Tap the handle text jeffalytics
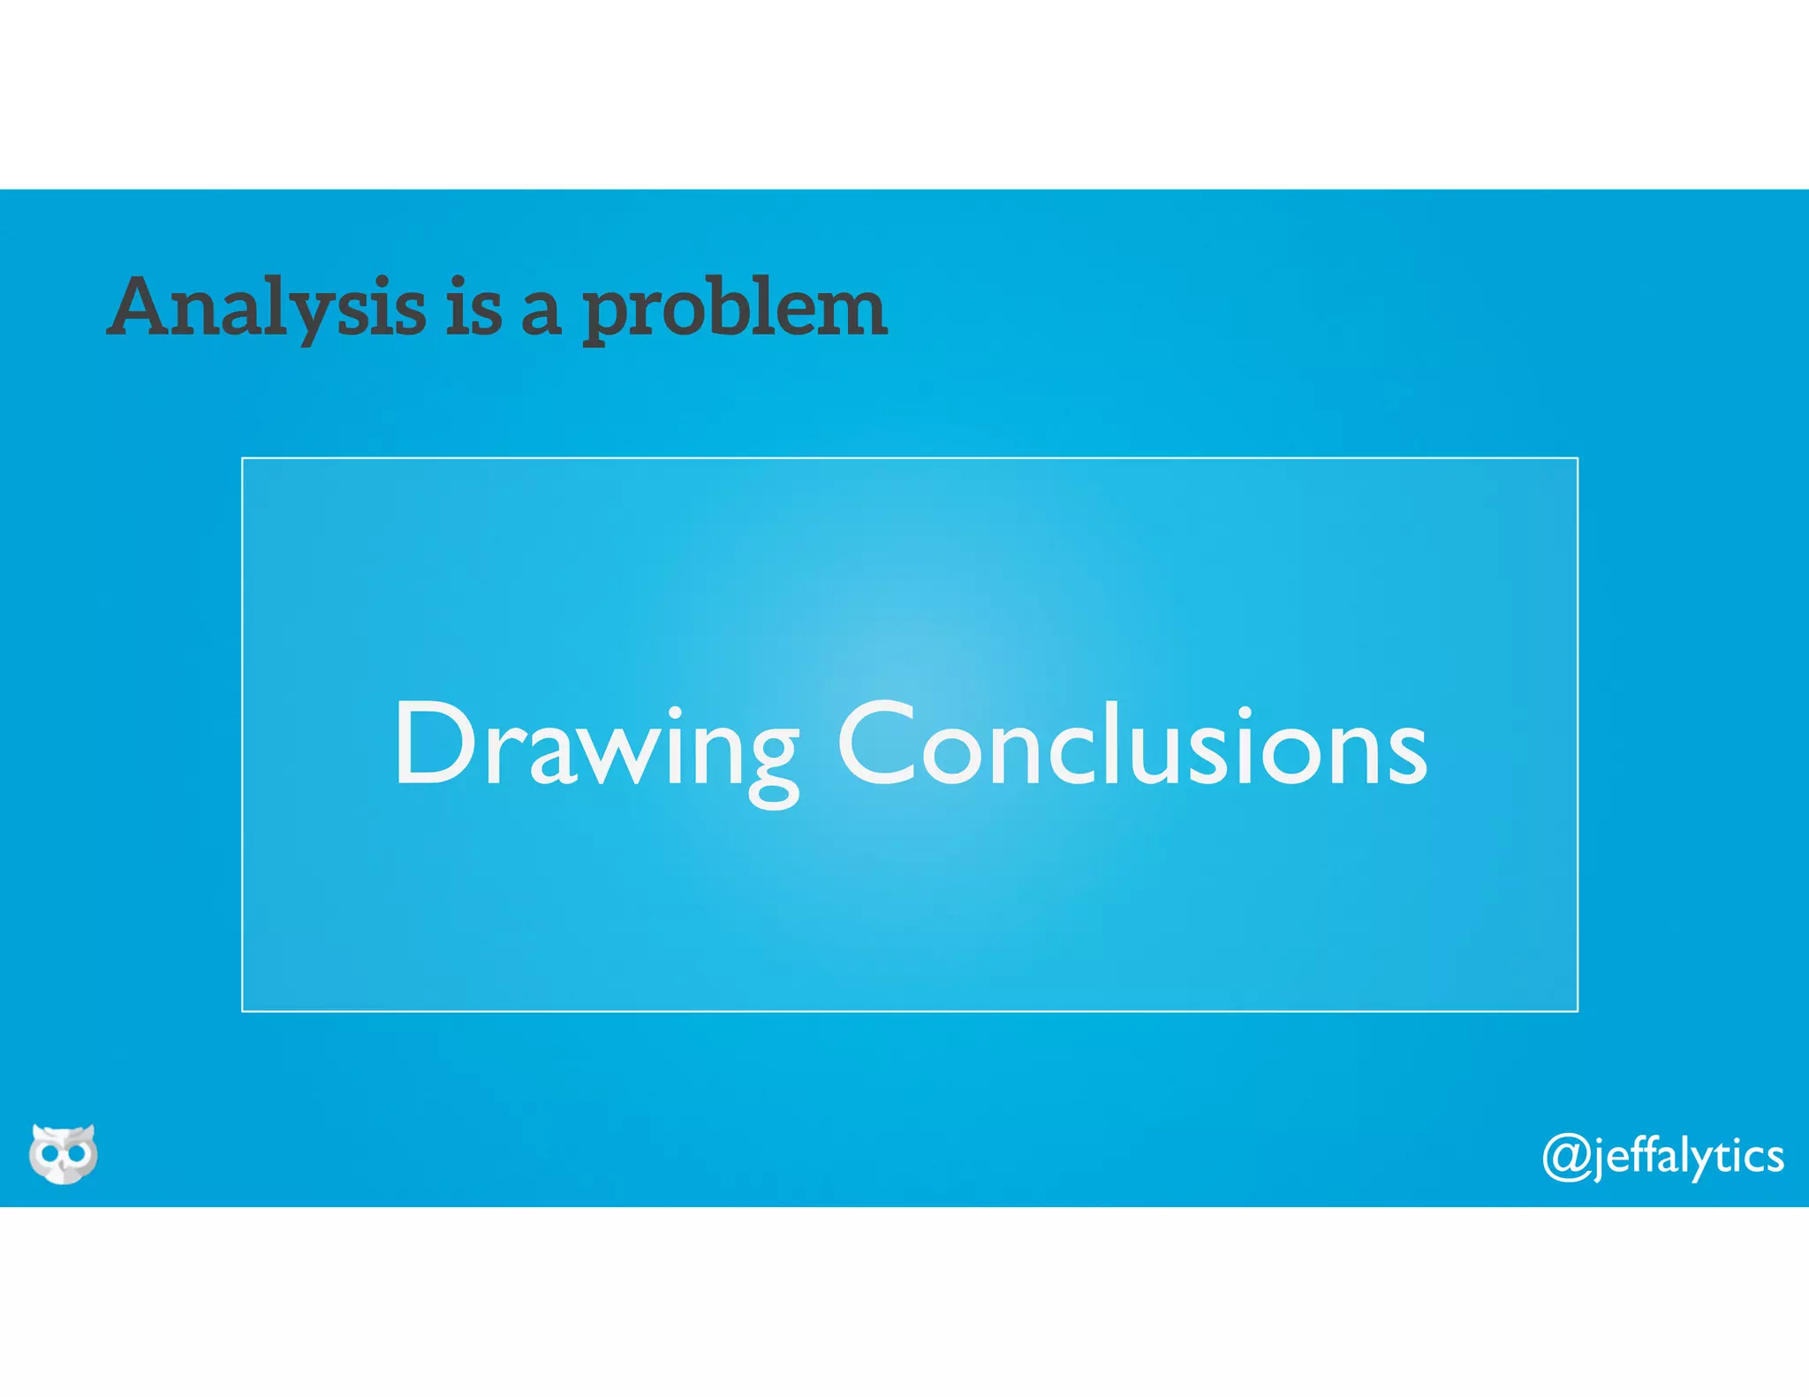(x=1686, y=1157)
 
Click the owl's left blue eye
(x=49, y=1153)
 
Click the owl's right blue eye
(x=77, y=1153)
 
